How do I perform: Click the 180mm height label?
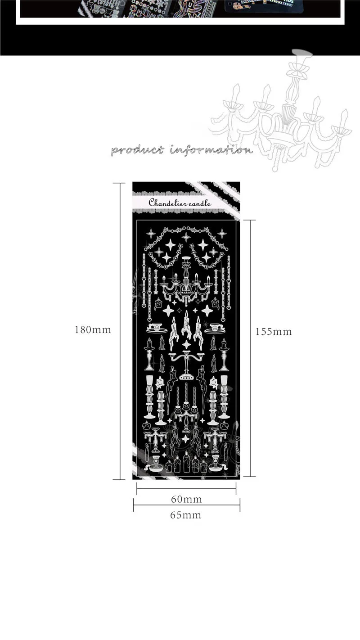tap(93, 330)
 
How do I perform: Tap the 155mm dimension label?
tap(274, 332)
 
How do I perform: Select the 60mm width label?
tap(186, 499)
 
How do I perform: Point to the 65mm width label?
tap(185, 515)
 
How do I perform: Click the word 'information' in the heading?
tap(211, 150)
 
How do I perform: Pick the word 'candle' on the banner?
tap(200, 203)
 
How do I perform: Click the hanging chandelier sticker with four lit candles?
tap(186, 281)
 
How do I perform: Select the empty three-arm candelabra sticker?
tap(186, 362)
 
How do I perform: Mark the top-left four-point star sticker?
tap(151, 233)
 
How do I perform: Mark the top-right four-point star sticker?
tap(222, 233)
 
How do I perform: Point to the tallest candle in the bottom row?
tap(186, 462)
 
